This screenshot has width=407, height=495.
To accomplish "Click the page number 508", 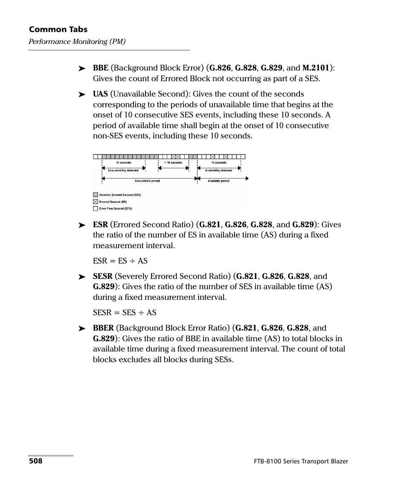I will click(x=35, y=461).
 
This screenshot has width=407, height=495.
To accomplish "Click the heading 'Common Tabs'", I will click(x=58, y=29).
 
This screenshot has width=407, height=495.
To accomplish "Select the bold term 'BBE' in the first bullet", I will click(x=101, y=68).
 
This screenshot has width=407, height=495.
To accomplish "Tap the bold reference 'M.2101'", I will click(x=316, y=68).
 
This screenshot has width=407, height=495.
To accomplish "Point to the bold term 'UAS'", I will click(x=100, y=94).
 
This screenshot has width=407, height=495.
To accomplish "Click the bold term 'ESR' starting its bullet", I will click(x=100, y=225).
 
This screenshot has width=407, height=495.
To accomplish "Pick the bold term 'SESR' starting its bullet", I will click(x=103, y=276).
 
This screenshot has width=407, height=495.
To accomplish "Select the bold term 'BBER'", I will click(x=103, y=328).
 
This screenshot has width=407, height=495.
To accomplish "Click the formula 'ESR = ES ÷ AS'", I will click(x=120, y=261).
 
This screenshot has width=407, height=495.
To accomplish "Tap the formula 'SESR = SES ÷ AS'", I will click(x=125, y=313).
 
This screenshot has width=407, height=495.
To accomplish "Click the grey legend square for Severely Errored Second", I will click(x=96, y=195).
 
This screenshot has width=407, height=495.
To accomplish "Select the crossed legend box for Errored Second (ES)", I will click(x=96, y=202).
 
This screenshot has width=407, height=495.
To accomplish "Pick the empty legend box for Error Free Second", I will click(x=96, y=208).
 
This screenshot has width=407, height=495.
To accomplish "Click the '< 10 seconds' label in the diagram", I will click(x=173, y=163).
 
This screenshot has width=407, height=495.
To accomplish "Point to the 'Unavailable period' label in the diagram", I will click(x=147, y=181).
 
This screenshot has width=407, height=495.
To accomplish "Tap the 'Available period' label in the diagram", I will click(x=218, y=181).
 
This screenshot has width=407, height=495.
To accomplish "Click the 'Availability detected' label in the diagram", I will click(x=218, y=170).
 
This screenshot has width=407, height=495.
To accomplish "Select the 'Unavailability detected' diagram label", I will click(x=123, y=170).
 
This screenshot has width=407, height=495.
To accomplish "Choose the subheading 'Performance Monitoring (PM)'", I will click(x=77, y=42).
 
